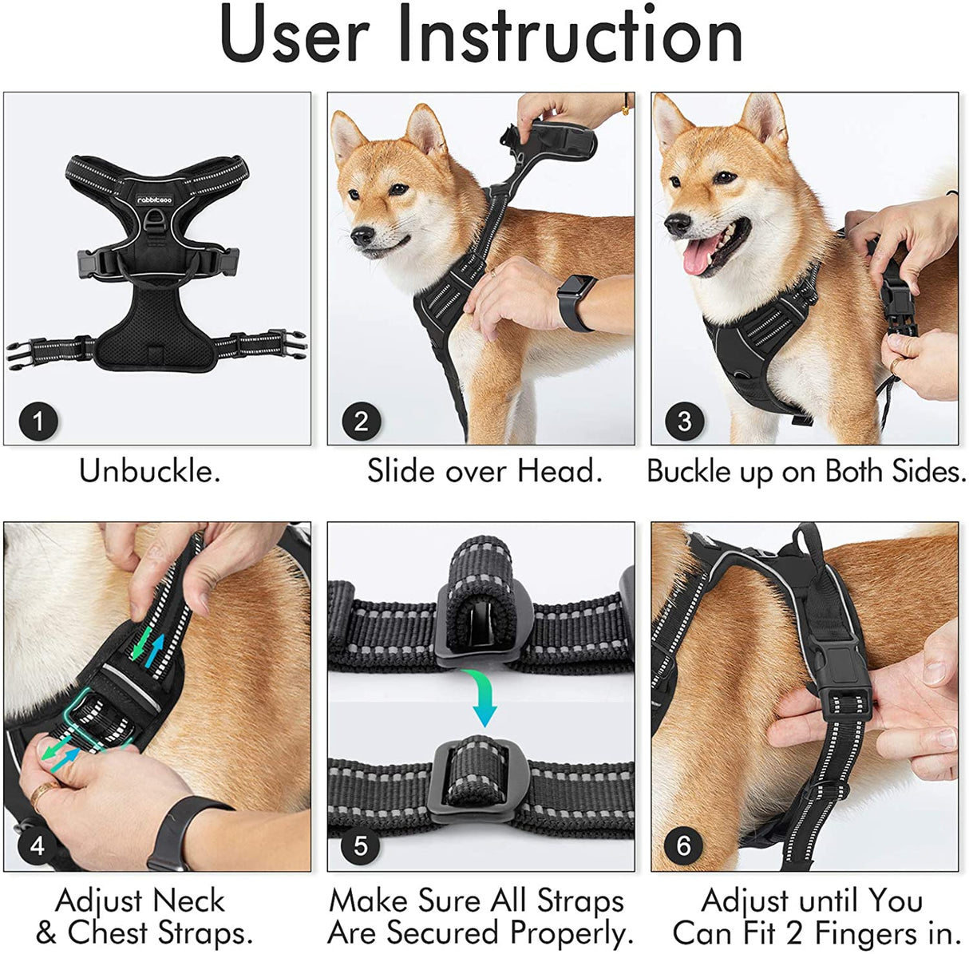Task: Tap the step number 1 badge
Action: coord(38,420)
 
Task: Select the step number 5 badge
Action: coord(361,845)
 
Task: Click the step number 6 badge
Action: coord(684,845)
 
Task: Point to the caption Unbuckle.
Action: coord(149,471)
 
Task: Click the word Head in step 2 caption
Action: coord(559,471)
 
